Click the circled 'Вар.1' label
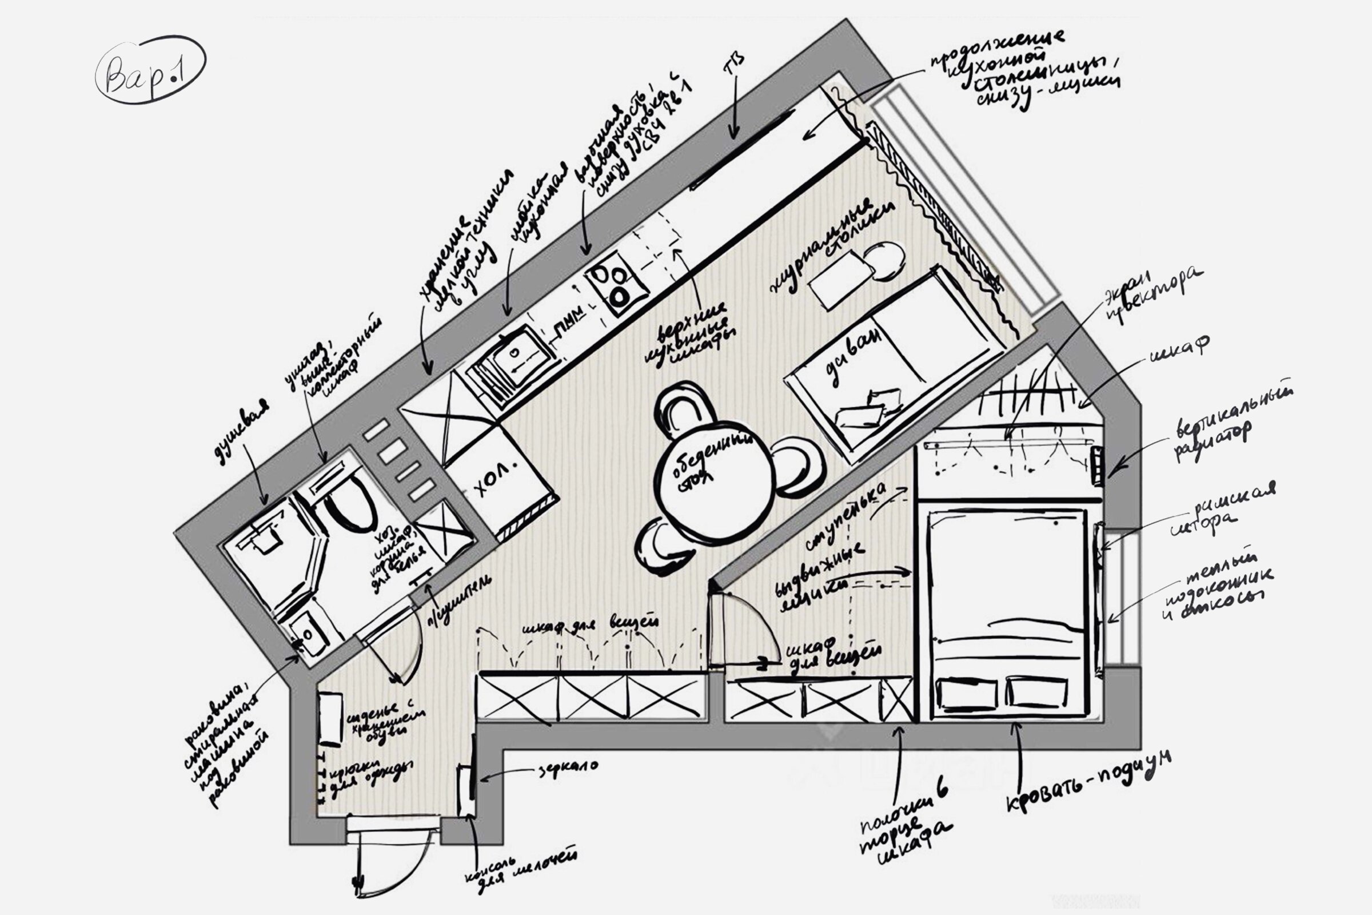(x=150, y=70)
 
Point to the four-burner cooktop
(x=616, y=283)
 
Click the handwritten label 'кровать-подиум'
(x=1088, y=782)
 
